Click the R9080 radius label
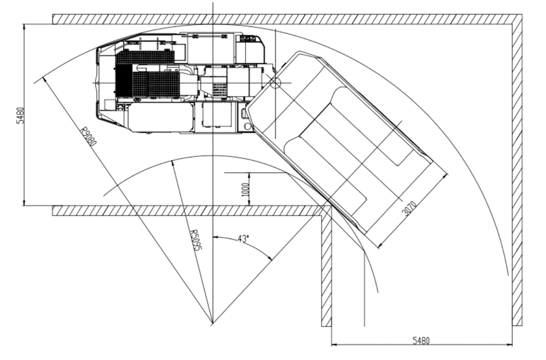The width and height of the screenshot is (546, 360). click(x=88, y=136)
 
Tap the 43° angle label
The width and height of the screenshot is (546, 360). click(x=243, y=239)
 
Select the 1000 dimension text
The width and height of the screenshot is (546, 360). click(x=246, y=189)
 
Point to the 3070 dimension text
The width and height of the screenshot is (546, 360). click(x=409, y=208)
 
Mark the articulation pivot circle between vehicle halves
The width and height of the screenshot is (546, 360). click(x=276, y=83)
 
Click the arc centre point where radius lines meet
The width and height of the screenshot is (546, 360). click(x=213, y=324)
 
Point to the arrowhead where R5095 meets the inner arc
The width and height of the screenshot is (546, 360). click(x=173, y=163)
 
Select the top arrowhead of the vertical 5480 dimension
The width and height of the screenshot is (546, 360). click(x=24, y=26)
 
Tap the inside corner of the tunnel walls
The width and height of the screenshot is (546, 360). click(x=332, y=206)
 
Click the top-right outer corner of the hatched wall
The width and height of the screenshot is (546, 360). click(x=522, y=15)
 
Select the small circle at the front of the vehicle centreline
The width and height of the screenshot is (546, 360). click(x=98, y=83)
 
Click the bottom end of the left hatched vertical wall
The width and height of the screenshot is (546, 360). click(x=326, y=326)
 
